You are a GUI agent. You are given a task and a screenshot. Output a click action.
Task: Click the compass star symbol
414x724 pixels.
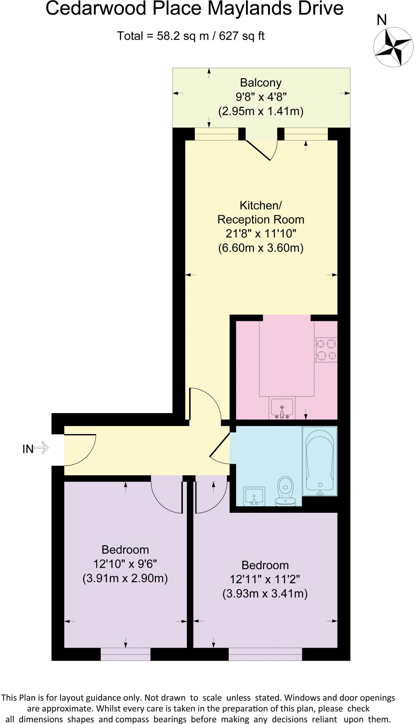[393, 47]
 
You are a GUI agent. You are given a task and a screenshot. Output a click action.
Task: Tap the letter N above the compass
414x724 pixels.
[381, 20]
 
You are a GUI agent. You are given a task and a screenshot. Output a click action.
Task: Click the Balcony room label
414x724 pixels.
[261, 83]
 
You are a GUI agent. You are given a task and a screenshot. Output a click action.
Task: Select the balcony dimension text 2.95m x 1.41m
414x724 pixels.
[261, 111]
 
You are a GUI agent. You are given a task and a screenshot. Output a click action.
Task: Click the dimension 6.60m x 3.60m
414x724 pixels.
[261, 248]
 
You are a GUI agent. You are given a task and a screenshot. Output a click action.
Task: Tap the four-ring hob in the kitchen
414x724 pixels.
[326, 350]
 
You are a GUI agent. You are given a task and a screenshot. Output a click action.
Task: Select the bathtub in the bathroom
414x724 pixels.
[320, 461]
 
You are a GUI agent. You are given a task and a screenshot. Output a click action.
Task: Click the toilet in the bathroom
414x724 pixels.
[286, 491]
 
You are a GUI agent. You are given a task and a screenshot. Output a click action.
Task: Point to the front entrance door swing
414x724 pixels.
[81, 450]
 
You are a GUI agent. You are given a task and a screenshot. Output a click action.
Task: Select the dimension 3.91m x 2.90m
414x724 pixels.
[125, 578]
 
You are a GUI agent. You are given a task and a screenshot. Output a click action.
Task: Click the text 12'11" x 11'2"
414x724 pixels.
[265, 579]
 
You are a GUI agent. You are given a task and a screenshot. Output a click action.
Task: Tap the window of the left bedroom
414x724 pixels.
[126, 654]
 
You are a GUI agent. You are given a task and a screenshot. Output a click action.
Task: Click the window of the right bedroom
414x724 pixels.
[265, 654]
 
